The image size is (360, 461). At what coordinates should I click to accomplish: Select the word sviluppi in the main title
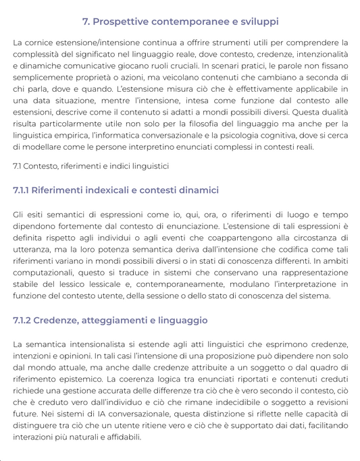click(255, 22)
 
